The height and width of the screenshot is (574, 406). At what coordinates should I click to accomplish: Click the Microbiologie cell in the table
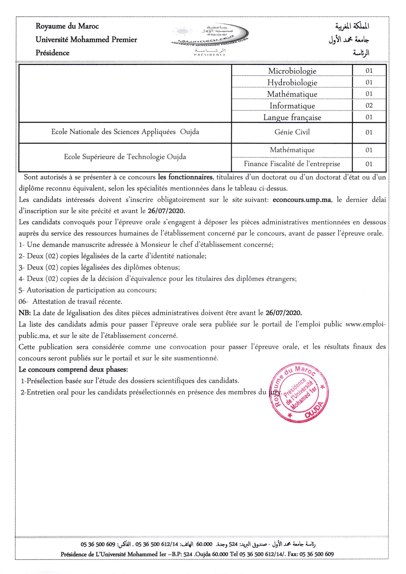[292, 71]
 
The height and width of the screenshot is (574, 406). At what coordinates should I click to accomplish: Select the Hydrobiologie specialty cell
[292, 82]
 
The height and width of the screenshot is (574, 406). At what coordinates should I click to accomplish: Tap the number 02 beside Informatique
[369, 105]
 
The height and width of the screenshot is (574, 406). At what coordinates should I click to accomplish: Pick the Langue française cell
[292, 117]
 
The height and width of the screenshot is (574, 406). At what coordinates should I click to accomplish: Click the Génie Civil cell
[292, 132]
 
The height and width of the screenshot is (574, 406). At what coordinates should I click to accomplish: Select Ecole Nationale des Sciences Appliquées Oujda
[125, 132]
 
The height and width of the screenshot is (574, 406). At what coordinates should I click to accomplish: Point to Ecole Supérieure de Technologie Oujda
[125, 157]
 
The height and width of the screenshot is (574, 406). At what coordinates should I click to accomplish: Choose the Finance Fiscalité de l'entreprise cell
[292, 164]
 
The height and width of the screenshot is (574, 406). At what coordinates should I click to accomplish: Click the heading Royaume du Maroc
[67, 26]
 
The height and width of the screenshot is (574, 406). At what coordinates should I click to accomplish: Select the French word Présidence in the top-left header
[52, 53]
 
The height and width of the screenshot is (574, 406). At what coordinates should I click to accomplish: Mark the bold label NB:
[25, 313]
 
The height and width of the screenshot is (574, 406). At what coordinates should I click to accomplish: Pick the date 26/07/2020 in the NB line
[284, 313]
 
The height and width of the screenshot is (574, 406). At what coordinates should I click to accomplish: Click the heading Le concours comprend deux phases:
[73, 369]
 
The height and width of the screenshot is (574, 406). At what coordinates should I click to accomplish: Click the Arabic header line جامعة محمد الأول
[349, 40]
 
